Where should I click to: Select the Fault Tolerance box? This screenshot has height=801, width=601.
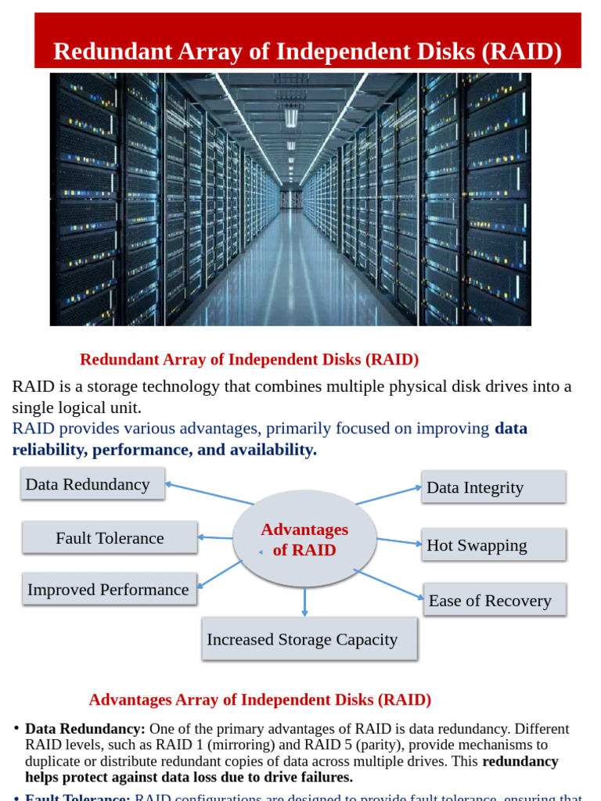[110, 537]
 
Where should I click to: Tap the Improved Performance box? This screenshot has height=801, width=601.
[109, 589]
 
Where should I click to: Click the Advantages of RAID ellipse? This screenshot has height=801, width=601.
[304, 539]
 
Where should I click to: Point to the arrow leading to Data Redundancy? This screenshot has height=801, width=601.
[210, 494]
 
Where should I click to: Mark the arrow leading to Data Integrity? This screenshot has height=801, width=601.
[388, 496]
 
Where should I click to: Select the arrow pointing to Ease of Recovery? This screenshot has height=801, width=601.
[389, 584]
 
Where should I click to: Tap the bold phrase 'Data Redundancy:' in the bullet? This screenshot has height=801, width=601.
[85, 728]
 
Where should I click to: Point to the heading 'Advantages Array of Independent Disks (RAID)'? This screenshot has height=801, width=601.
[260, 699]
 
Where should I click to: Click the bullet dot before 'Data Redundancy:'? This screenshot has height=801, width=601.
[16, 728]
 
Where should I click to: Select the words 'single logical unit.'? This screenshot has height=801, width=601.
[77, 408]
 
